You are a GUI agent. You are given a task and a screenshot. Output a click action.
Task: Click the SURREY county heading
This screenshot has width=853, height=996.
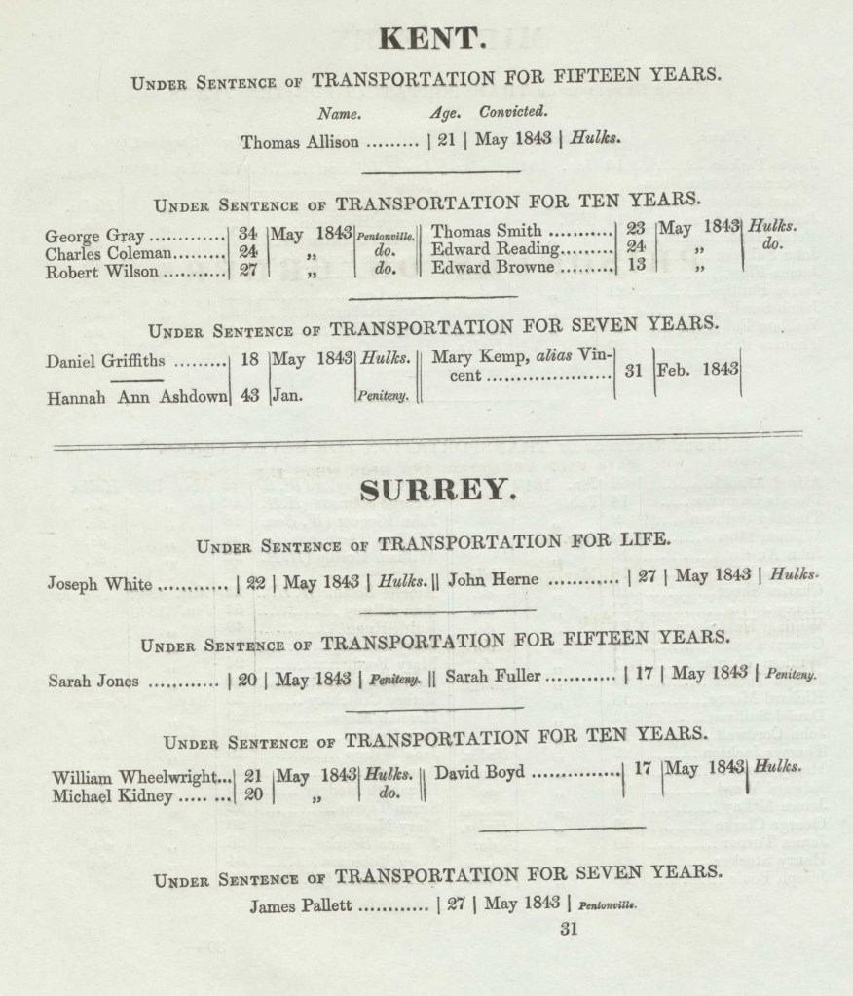(435, 492)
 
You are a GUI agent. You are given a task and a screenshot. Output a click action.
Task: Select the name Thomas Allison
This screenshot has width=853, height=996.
(300, 142)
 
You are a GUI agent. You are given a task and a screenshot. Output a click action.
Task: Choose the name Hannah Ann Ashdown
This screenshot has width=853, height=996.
(135, 396)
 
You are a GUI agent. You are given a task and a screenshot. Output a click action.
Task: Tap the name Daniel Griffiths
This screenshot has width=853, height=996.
(106, 362)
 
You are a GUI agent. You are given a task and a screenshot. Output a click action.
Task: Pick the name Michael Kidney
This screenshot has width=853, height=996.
(112, 795)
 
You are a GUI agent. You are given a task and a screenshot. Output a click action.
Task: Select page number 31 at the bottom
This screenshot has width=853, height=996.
(570, 930)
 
